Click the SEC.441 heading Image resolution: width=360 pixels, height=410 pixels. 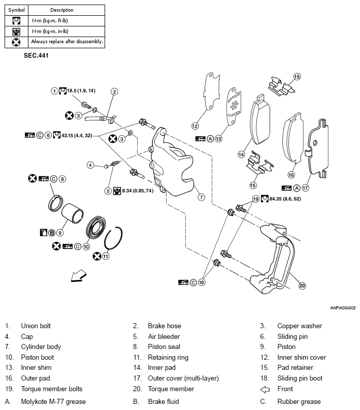click(x=35, y=55)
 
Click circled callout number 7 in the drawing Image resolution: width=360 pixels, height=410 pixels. click(x=202, y=197)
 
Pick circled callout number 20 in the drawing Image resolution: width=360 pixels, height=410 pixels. click(x=302, y=286)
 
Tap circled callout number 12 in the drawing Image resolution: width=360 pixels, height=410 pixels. click(x=194, y=126)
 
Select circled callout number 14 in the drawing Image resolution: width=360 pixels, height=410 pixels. click(x=242, y=153)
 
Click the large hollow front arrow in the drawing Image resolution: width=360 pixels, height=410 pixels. click(x=78, y=275)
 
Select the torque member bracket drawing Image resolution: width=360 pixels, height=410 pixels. click(x=274, y=259)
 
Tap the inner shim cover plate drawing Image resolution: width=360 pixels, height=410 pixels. click(x=210, y=91)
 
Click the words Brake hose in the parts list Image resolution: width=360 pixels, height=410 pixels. click(x=164, y=326)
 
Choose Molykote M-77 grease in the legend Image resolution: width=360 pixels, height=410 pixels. click(x=53, y=402)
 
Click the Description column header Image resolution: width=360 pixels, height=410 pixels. click(x=62, y=10)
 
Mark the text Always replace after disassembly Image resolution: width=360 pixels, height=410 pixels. click(x=67, y=42)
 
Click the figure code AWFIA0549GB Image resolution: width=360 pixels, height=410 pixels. click(x=341, y=307)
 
